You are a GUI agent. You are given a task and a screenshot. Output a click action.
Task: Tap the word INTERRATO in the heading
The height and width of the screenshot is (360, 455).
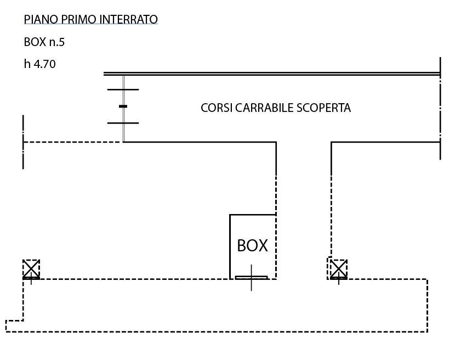128,20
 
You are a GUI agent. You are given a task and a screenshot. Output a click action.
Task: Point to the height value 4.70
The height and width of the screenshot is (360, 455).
45,64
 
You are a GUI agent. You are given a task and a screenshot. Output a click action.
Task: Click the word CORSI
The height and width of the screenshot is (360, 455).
217,108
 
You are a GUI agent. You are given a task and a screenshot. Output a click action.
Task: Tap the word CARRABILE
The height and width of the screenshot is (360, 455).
264,108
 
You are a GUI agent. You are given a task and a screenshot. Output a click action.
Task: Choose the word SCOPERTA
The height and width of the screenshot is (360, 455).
323,108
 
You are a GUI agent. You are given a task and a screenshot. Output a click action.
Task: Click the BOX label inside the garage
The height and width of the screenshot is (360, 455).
252,245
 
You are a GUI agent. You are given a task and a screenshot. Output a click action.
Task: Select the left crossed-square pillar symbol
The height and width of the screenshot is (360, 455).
31,269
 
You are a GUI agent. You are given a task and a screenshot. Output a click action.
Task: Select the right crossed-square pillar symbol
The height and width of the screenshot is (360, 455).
338,269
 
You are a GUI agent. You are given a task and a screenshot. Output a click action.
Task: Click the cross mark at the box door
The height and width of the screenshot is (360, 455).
252,278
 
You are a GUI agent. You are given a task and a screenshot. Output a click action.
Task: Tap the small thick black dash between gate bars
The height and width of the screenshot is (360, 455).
123,106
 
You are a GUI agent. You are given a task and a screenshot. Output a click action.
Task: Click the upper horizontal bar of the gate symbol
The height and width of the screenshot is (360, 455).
123,89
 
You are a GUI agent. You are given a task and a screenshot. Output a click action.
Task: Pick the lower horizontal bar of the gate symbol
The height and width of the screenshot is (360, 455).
123,123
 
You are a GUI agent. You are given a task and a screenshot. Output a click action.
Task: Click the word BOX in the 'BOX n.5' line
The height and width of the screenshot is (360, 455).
35,42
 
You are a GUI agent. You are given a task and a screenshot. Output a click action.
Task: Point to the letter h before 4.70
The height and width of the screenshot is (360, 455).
27,64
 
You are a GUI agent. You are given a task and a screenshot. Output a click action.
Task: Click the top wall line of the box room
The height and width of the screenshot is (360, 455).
252,215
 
